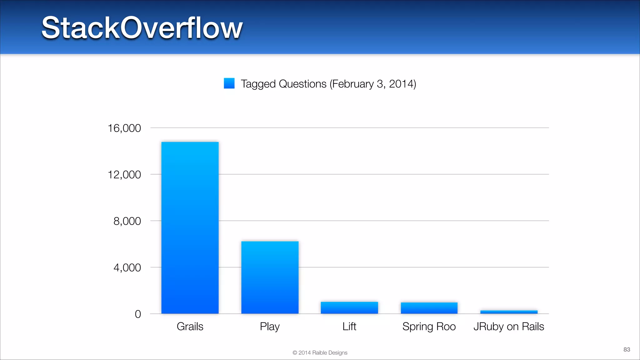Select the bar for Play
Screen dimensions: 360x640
(x=270, y=277)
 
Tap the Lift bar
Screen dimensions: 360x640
(x=349, y=307)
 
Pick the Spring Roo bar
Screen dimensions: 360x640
(x=429, y=308)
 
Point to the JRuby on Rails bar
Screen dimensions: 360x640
(x=509, y=312)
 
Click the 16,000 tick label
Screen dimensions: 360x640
(x=124, y=128)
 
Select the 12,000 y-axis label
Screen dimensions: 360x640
(x=124, y=175)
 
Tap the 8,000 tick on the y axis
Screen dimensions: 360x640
(x=127, y=221)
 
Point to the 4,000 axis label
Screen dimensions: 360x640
(x=127, y=268)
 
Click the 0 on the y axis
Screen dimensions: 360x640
(x=138, y=314)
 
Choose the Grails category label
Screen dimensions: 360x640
(x=190, y=327)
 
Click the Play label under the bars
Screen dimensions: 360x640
(x=270, y=327)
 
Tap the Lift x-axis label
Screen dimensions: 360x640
(x=349, y=327)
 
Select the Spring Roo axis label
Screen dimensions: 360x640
(x=429, y=327)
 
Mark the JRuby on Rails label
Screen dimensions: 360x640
(x=509, y=327)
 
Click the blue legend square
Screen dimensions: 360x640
(x=229, y=83)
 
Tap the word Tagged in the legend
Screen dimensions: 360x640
(x=258, y=84)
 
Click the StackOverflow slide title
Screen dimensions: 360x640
(x=142, y=28)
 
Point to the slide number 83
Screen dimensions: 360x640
(x=627, y=349)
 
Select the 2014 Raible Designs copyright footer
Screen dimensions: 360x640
(x=320, y=352)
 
